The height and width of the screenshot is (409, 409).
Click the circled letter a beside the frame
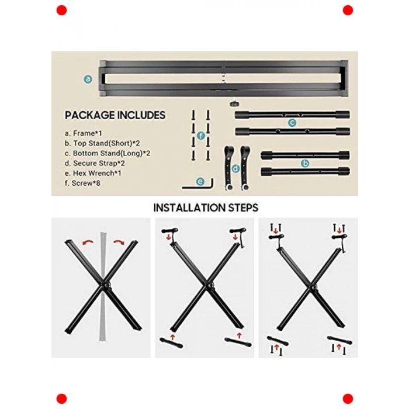tap(88, 79)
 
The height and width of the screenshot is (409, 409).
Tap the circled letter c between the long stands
tap(292, 123)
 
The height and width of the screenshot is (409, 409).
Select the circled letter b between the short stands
tap(305, 164)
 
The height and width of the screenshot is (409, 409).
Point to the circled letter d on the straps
tap(235, 168)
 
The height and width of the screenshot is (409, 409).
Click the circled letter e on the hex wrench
tap(200, 182)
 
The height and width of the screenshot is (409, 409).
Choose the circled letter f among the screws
tap(200, 136)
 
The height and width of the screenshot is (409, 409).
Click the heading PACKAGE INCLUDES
tap(115, 115)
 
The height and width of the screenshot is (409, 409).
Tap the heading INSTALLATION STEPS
tap(206, 208)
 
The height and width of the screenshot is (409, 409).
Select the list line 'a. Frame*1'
tap(83, 133)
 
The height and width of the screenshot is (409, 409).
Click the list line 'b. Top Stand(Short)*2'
tap(102, 143)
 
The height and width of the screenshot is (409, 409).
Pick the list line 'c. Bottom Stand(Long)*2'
tap(108, 153)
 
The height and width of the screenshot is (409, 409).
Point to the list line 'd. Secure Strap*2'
tap(95, 163)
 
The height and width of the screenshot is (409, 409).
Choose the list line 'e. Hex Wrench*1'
tap(93, 173)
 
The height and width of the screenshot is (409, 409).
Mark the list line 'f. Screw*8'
tap(82, 183)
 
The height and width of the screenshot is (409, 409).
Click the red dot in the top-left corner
tap(61, 10)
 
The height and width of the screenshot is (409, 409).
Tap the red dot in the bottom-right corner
tap(348, 399)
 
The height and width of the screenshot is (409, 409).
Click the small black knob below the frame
tap(234, 104)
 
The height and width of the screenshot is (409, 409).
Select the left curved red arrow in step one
tap(88, 243)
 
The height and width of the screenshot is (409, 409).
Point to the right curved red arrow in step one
tap(119, 242)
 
